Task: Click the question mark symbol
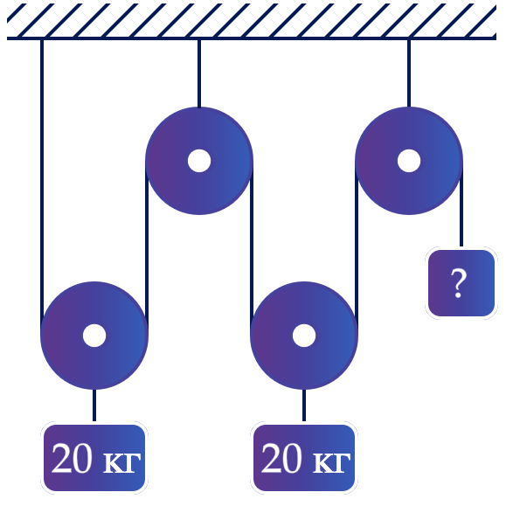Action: [458, 283]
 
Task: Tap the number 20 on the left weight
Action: [72, 458]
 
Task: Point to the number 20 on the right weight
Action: [281, 458]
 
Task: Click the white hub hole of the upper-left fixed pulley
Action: [199, 161]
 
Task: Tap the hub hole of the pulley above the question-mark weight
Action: [409, 161]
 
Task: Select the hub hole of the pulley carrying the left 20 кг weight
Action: [94, 336]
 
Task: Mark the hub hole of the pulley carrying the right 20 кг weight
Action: [304, 336]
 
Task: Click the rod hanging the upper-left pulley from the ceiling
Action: [199, 73]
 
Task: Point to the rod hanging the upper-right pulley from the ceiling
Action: [409, 73]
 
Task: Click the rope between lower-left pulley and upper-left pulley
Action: [147, 248]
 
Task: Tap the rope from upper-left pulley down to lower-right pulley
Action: [252, 248]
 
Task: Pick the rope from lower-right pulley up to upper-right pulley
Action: [357, 248]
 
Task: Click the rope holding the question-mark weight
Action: [461, 204]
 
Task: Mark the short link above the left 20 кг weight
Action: [94, 405]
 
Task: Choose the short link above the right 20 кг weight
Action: [304, 405]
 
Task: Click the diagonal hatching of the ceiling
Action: [252, 20]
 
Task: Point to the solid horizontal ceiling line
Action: [252, 38]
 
